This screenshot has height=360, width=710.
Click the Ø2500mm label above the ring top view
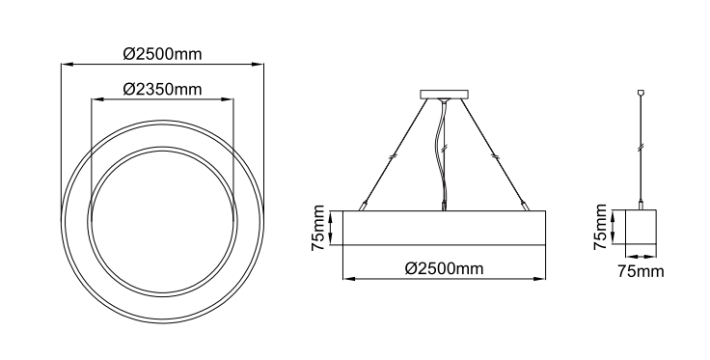pyautogui.click(x=163, y=54)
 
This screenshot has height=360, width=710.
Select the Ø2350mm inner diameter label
pyautogui.click(x=163, y=89)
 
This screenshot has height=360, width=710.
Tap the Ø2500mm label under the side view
pyautogui.click(x=444, y=268)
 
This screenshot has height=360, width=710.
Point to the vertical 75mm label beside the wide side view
pyautogui.click(x=318, y=228)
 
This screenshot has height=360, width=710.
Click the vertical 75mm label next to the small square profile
pyautogui.click(x=600, y=227)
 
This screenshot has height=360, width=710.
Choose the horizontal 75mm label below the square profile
pyautogui.click(x=641, y=271)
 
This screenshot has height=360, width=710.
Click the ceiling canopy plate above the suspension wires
pyautogui.click(x=444, y=95)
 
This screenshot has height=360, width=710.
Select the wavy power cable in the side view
pyautogui.click(x=441, y=154)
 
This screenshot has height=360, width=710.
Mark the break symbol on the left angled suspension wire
pyautogui.click(x=393, y=156)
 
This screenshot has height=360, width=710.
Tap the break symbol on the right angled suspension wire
pyautogui.click(x=496, y=156)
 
